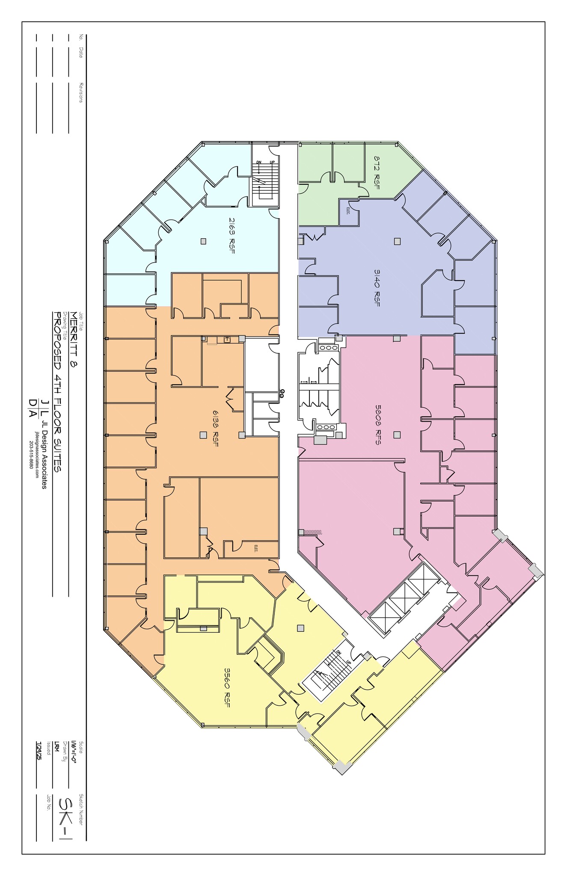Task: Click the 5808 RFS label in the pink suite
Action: tap(377, 425)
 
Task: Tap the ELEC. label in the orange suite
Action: tap(255, 548)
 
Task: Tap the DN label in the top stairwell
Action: tap(259, 163)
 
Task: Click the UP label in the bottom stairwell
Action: tap(348, 662)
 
